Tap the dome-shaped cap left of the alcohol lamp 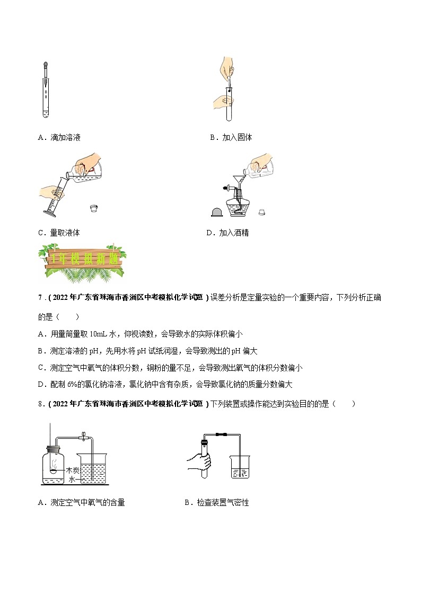pyautogui.click(x=216, y=212)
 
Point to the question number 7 pyautogui.click(x=40, y=298)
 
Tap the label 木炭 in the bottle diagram pyautogui.click(x=73, y=470)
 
